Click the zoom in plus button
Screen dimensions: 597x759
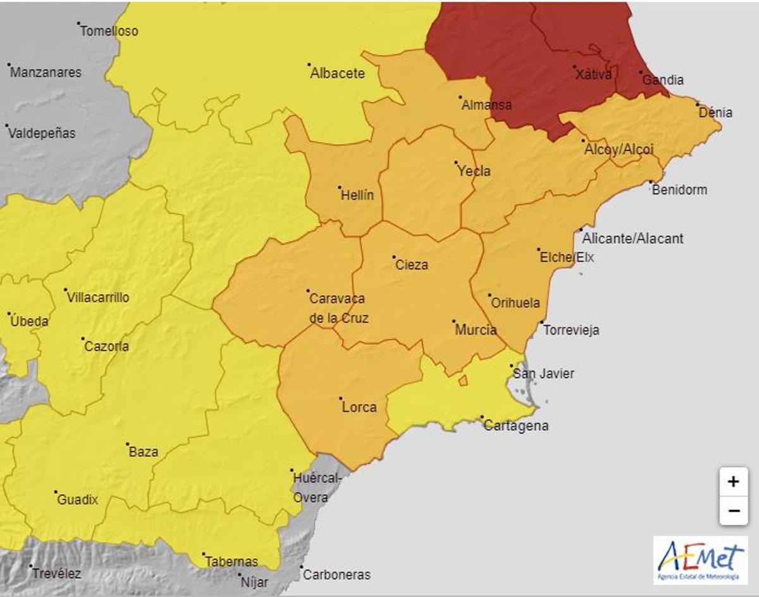click(x=733, y=482)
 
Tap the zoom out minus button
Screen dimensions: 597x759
click(x=733, y=510)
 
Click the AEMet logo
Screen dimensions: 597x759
click(x=700, y=560)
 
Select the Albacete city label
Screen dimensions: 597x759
click(x=337, y=73)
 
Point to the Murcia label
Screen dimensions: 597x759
click(x=476, y=330)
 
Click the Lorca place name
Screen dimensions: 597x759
click(x=359, y=407)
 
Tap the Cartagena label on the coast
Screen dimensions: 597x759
click(x=516, y=426)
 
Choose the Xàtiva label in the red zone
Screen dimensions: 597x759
click(x=594, y=75)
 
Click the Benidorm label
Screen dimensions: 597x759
click(x=679, y=190)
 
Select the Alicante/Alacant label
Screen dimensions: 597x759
click(x=632, y=238)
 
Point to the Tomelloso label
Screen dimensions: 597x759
click(x=109, y=31)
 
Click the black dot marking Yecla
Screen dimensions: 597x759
click(x=456, y=163)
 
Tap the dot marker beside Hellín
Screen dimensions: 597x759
click(x=340, y=187)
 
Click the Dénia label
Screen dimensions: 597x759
click(x=715, y=113)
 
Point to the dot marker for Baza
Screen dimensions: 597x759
click(x=127, y=444)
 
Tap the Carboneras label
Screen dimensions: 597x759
click(x=336, y=575)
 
